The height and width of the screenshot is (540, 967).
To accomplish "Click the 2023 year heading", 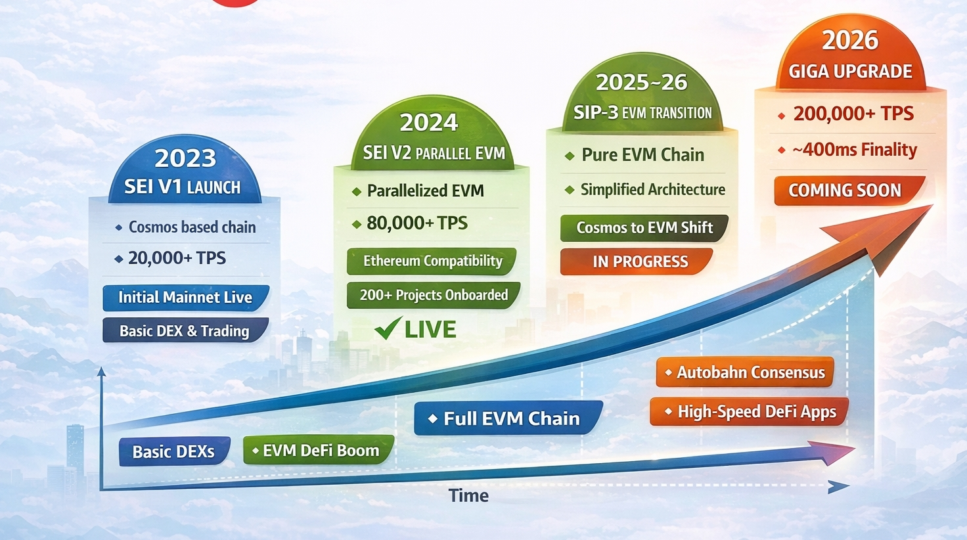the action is point(185,158).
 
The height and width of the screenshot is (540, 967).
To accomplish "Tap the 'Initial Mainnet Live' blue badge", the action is point(186,298).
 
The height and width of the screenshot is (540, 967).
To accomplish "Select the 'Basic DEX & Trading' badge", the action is point(186,330).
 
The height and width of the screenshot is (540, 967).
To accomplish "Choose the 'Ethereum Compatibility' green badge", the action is point(432,261).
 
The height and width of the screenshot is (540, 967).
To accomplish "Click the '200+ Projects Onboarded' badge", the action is point(434,295).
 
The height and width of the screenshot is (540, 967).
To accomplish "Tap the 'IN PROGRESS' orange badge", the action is point(637,261).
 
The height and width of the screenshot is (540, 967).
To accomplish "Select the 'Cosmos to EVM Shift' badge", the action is point(644,228).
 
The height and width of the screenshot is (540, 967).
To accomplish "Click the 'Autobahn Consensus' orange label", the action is point(745,372).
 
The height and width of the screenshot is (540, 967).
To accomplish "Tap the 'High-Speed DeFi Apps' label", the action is point(749,411).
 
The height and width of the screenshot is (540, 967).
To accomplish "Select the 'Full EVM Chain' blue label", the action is point(508,418).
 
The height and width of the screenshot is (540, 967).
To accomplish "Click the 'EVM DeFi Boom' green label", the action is point(319,450).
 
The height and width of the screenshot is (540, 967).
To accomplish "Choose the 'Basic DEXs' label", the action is point(174,451).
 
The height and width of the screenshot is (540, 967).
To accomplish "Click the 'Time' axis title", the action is point(469,495).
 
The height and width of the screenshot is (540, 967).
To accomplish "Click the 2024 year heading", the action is point(429,123).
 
